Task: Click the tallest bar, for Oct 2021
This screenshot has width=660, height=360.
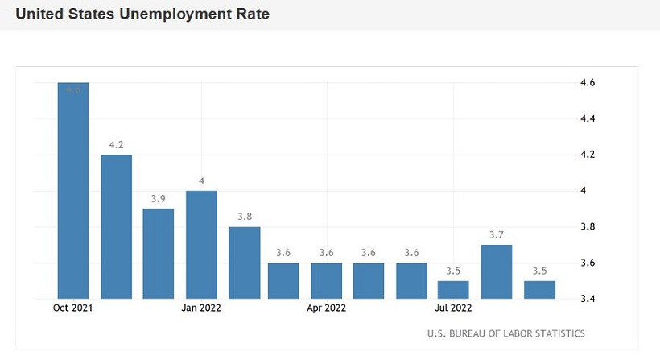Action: [x=72, y=190]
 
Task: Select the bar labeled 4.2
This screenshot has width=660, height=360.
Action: [x=116, y=226]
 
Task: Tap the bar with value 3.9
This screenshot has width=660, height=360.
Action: [x=159, y=254]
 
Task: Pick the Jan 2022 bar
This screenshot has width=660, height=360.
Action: [x=201, y=244]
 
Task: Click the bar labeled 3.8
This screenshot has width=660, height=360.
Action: [x=244, y=263]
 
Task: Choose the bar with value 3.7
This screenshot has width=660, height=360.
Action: [x=496, y=271]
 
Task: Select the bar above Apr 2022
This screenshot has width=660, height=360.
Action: [x=327, y=280]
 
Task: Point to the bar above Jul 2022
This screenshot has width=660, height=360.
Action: [x=453, y=289]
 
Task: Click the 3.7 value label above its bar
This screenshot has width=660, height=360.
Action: [x=496, y=234]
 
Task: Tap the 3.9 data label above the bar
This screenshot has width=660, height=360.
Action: [x=159, y=198]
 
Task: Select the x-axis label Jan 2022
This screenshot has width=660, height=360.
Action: [x=201, y=307]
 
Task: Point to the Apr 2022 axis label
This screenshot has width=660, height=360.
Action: [x=327, y=307]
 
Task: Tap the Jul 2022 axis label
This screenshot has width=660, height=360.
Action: [x=453, y=307]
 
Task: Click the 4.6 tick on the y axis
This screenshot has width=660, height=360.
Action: [x=587, y=83]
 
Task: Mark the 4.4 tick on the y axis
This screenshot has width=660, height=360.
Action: [x=587, y=119]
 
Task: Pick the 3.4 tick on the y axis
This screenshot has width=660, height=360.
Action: [x=587, y=300]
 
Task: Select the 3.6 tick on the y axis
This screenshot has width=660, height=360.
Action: [x=587, y=263]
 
